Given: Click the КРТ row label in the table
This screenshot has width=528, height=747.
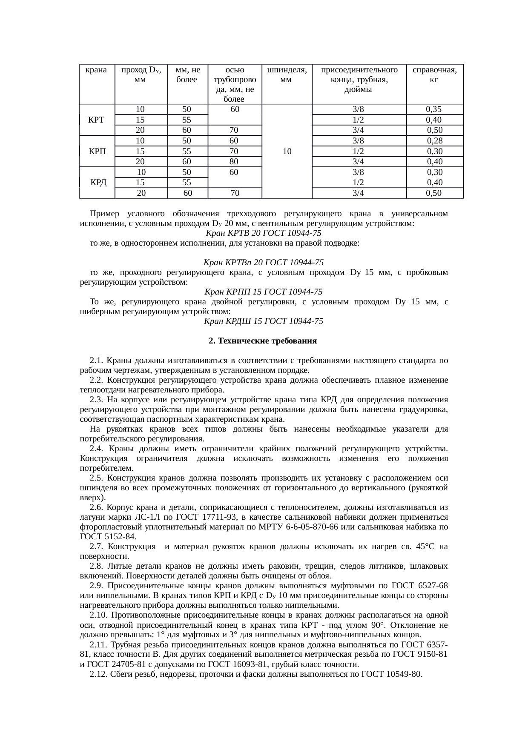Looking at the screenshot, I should (96, 120).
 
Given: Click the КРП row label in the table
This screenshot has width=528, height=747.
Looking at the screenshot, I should (97, 152).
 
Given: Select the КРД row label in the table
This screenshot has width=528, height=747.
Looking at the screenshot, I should (98, 183).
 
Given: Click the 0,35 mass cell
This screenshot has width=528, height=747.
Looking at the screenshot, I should (434, 109).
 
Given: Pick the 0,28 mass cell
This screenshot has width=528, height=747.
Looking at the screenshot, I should (435, 141).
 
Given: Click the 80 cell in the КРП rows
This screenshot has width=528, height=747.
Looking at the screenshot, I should (234, 162).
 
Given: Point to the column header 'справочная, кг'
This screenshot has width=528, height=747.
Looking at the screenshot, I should (435, 74).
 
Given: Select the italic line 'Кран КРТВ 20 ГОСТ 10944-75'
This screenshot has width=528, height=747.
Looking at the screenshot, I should (264, 233).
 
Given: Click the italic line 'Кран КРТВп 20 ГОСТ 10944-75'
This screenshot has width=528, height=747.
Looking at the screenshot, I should (264, 263).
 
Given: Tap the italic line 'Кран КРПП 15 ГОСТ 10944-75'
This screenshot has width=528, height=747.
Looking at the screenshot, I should (264, 292).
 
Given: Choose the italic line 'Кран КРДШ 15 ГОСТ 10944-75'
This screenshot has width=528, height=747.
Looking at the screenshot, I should (264, 321).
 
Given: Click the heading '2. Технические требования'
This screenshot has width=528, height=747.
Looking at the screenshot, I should (263, 341).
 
